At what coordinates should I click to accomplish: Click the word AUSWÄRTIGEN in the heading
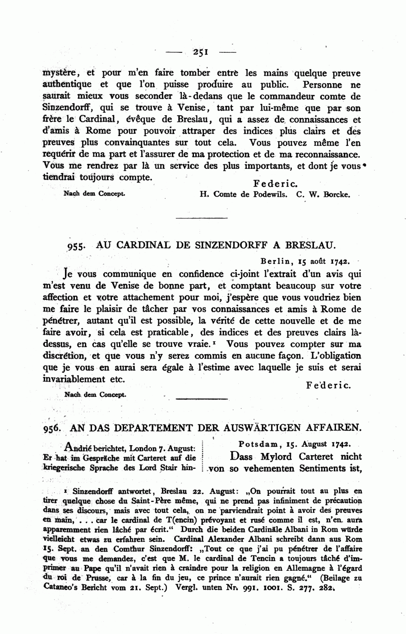click(259, 427)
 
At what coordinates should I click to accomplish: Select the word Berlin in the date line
click(277, 261)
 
